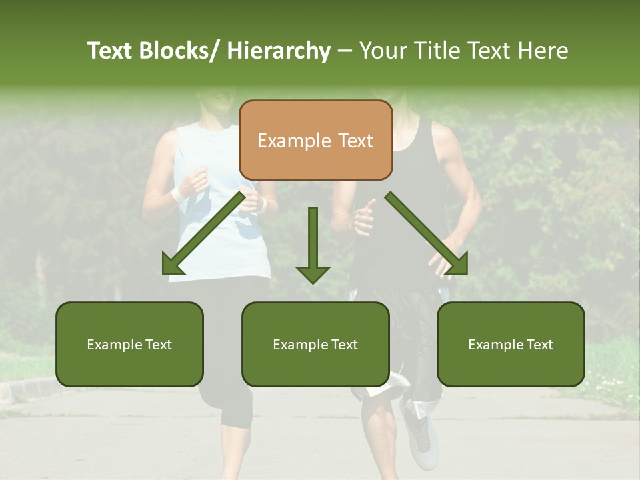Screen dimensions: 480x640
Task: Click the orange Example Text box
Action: pos(315,140)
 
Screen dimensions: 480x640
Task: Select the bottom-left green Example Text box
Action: pos(129,344)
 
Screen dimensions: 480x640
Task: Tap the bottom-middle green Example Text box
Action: pos(315,344)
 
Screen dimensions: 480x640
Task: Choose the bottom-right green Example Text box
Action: pos(511,344)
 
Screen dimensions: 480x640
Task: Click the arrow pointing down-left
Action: pos(203,233)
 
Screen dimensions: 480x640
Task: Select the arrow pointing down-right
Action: pos(427,233)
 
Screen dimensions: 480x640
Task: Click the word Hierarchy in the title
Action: pos(279,51)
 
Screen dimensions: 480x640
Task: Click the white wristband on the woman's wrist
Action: pos(177,194)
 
